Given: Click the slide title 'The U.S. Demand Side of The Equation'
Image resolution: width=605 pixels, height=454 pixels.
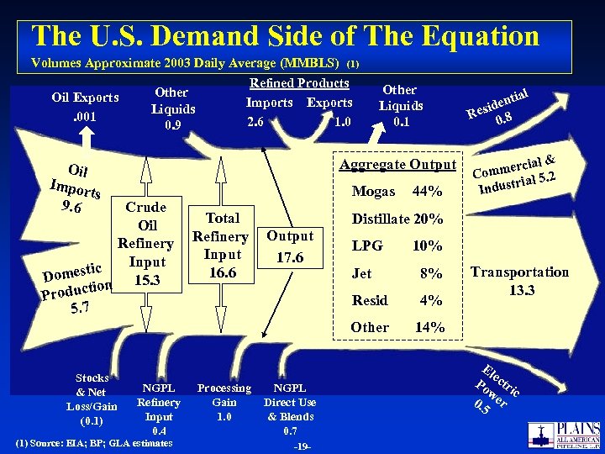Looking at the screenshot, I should click(285, 36).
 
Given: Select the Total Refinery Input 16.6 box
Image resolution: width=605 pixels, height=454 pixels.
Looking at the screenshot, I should click(223, 245).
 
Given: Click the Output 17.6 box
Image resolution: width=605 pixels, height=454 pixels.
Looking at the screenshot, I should click(290, 246).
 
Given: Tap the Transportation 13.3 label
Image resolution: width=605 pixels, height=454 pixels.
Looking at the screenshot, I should click(519, 281).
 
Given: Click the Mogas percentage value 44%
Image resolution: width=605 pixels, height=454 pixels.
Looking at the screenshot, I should click(429, 191).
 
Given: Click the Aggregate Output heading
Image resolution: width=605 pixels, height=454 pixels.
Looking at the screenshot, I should click(397, 165).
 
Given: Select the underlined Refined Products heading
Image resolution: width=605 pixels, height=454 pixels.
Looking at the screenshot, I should click(299, 82).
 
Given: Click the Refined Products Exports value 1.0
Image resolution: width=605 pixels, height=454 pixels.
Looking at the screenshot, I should click(341, 122).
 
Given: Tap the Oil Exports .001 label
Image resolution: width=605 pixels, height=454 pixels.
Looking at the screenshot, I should click(85, 107).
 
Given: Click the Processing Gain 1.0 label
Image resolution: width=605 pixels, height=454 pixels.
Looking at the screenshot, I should click(224, 402).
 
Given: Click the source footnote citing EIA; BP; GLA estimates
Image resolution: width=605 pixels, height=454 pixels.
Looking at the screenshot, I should click(94, 443).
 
